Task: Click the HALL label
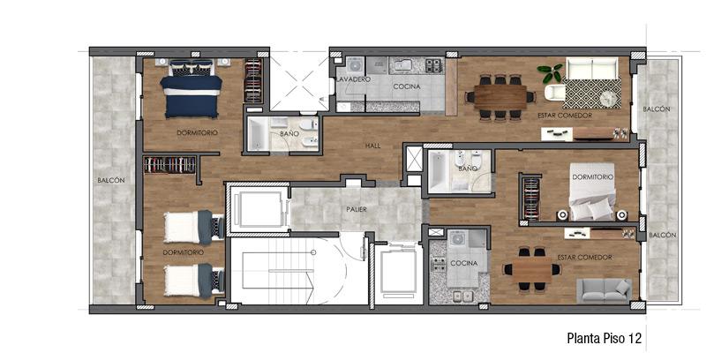[x=372, y=146]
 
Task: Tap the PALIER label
[x=357, y=209]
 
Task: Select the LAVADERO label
[x=353, y=79]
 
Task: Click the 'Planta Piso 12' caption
[x=605, y=338]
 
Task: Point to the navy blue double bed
[x=192, y=89]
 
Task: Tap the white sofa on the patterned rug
[x=591, y=68]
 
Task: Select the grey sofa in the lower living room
[x=604, y=290]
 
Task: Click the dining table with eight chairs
[x=500, y=97]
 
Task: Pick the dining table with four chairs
[x=531, y=269]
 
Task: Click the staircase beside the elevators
[x=279, y=272]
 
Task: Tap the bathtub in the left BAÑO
[x=258, y=133]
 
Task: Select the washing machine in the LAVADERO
[x=354, y=65]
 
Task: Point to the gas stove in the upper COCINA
[x=434, y=65]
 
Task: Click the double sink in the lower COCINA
[x=462, y=296]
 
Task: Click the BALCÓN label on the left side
[x=110, y=180]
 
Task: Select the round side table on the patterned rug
[x=606, y=98]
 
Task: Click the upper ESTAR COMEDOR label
[x=565, y=116]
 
